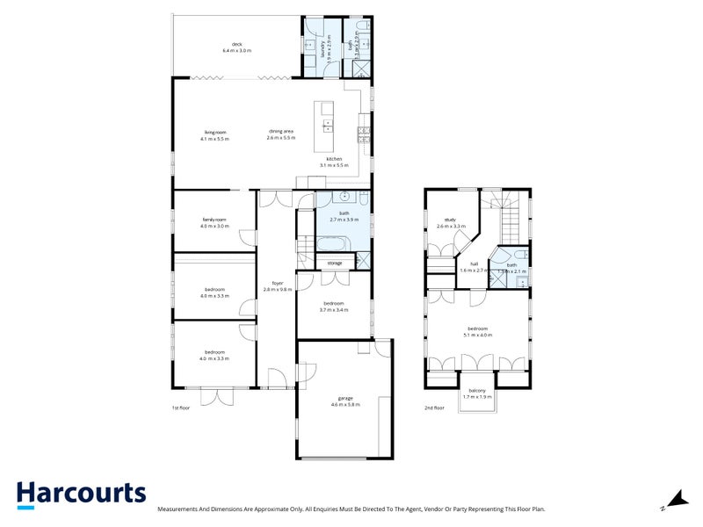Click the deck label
(236, 44)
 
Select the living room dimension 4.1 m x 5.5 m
(214, 140)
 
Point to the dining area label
(281, 132)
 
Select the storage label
(335, 263)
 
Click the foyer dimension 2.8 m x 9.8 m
(277, 289)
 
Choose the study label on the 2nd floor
(451, 220)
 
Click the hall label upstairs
(474, 263)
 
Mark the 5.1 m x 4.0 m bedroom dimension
(479, 336)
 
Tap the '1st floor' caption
(180, 408)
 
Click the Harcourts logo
(81, 494)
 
